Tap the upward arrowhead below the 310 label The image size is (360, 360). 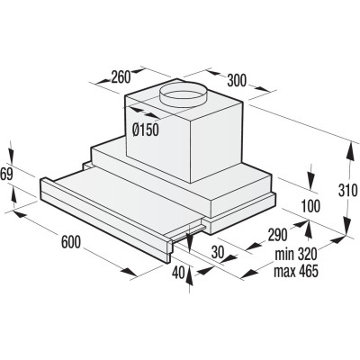[346, 225]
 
